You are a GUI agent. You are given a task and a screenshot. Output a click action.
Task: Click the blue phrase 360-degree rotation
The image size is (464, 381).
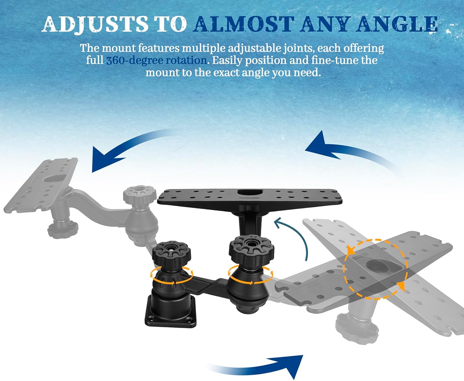coord(156,60)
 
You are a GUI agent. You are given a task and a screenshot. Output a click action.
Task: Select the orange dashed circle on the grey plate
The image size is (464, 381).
coord(376,269)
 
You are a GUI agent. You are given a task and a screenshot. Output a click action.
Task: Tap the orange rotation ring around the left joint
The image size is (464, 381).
coord(171,275)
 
